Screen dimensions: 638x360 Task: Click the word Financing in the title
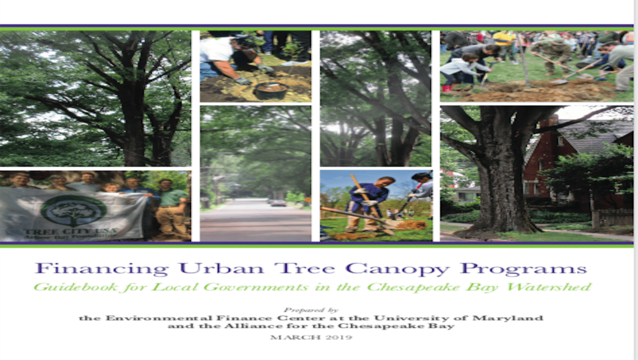click(102, 268)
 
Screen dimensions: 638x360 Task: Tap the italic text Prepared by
click(311, 310)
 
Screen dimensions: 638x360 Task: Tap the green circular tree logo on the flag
click(73, 211)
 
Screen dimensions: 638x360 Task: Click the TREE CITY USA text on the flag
click(70, 231)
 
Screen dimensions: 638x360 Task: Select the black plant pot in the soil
click(271, 91)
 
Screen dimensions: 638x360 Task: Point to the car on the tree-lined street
click(279, 203)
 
